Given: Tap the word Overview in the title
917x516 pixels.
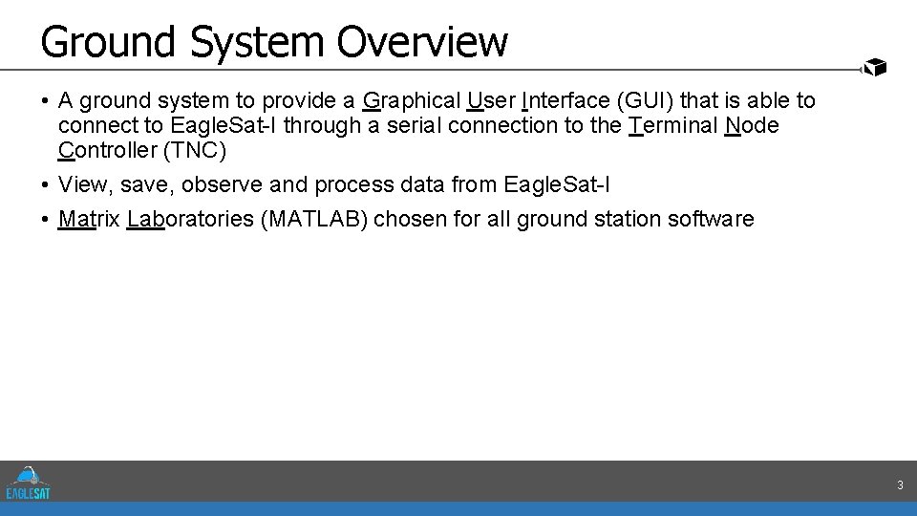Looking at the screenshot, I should click(x=422, y=42).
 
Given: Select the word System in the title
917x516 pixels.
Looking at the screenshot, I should click(x=255, y=42).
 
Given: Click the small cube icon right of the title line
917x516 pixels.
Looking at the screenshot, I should click(x=874, y=67).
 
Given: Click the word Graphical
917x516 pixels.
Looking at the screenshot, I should click(x=412, y=100).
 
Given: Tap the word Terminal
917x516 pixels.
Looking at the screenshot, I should click(x=673, y=125).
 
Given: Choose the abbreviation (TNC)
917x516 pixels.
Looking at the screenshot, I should click(x=195, y=150).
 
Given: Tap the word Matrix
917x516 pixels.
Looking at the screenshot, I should click(x=90, y=219).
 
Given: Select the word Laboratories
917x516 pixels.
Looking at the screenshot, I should click(x=189, y=219).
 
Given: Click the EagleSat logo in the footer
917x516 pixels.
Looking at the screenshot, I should click(x=28, y=483).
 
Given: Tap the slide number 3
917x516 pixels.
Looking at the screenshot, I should click(x=900, y=486).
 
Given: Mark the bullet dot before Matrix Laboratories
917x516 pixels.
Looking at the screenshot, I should click(x=45, y=220).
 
